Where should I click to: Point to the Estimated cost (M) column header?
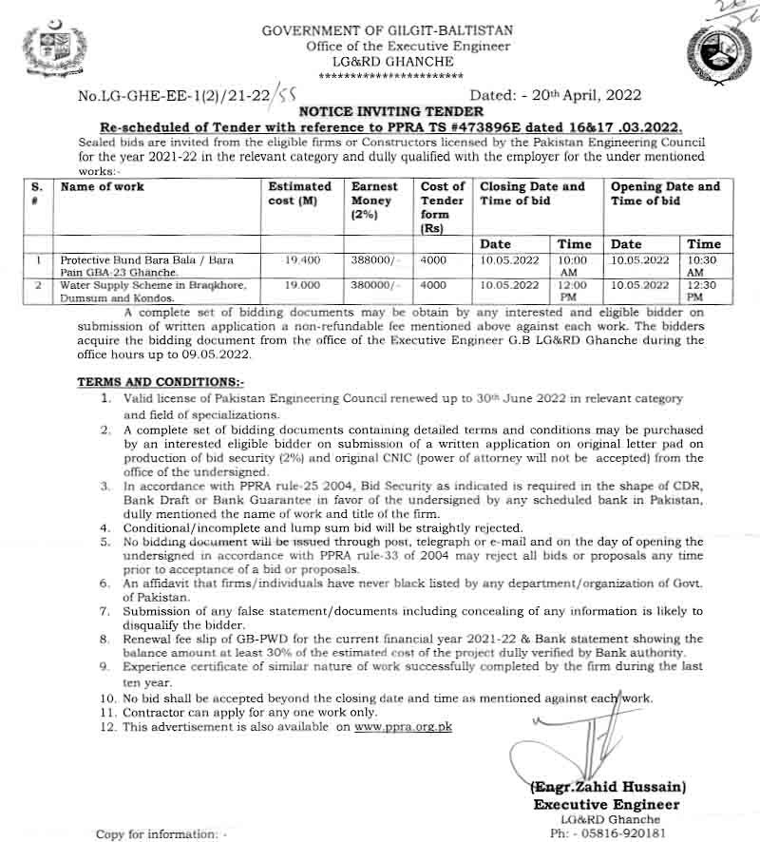pos(299,194)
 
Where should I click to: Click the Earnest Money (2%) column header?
pos(374,201)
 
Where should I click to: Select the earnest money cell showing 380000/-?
pos(375,284)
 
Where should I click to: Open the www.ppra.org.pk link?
pos(404,727)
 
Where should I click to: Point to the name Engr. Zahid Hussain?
pos(609,788)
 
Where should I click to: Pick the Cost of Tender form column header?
pos(442,207)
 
